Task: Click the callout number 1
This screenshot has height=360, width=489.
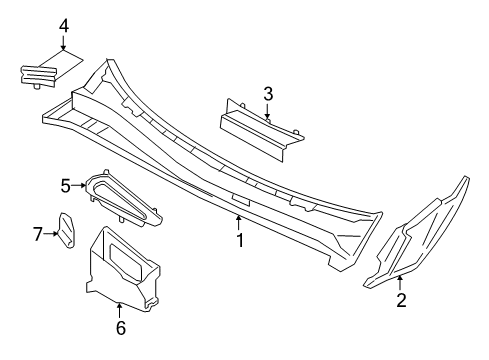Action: (x=240, y=240)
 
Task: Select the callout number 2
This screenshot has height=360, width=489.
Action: (x=401, y=300)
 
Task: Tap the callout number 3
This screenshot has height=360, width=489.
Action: (x=268, y=94)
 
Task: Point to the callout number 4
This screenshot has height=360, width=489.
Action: (x=64, y=26)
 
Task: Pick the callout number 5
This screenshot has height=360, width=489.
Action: (x=66, y=186)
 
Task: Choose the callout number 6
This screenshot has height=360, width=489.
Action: (x=121, y=328)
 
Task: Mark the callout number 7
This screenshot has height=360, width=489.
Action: (x=38, y=234)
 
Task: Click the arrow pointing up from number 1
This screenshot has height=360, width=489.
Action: (x=238, y=223)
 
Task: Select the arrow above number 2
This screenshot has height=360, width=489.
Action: (x=400, y=283)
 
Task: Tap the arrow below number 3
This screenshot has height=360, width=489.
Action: (x=267, y=111)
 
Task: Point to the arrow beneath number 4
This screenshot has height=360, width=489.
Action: (x=63, y=43)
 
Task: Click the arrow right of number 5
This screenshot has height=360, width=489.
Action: (x=79, y=185)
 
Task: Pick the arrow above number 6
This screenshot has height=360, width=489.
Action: (x=119, y=310)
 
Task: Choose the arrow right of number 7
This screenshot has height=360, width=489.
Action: (x=51, y=234)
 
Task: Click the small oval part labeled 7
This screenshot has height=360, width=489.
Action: (x=67, y=231)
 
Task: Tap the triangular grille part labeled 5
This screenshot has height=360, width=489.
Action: (x=123, y=198)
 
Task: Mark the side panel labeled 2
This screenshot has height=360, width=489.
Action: (x=417, y=233)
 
